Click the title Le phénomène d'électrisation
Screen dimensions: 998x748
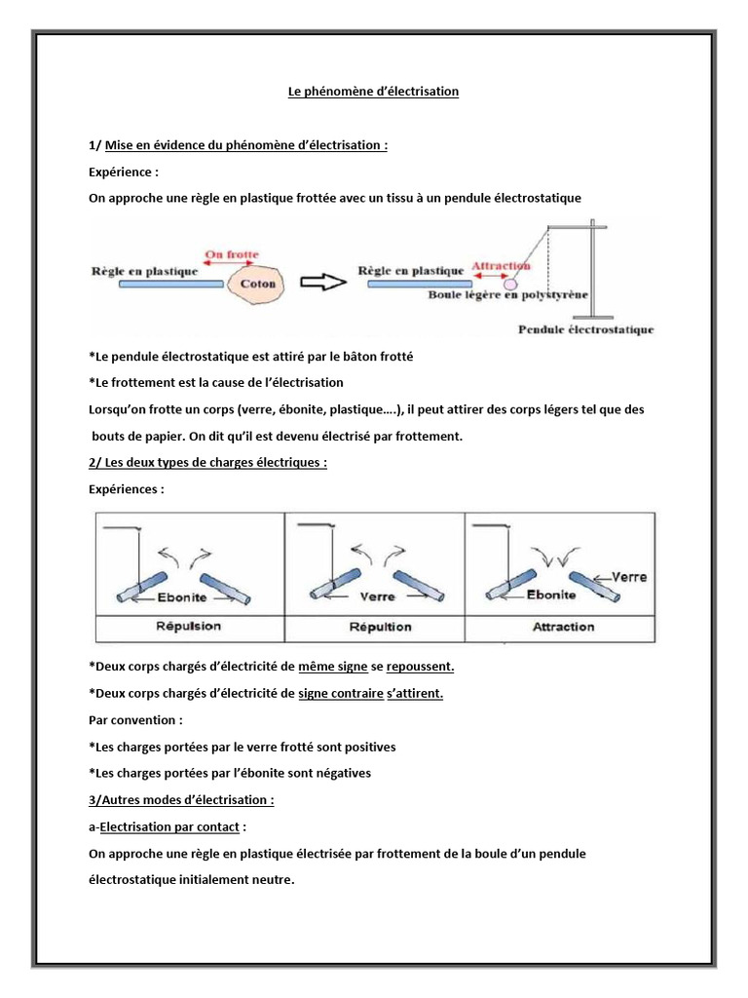[373, 92]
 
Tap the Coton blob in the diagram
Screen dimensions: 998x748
[256, 285]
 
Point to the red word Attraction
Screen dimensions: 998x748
[501, 264]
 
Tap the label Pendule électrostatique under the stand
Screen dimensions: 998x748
[586, 329]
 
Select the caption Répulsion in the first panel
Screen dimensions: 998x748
[188, 626]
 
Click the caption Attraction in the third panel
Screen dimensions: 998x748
[563, 626]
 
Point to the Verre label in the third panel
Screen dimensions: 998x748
[628, 576]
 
